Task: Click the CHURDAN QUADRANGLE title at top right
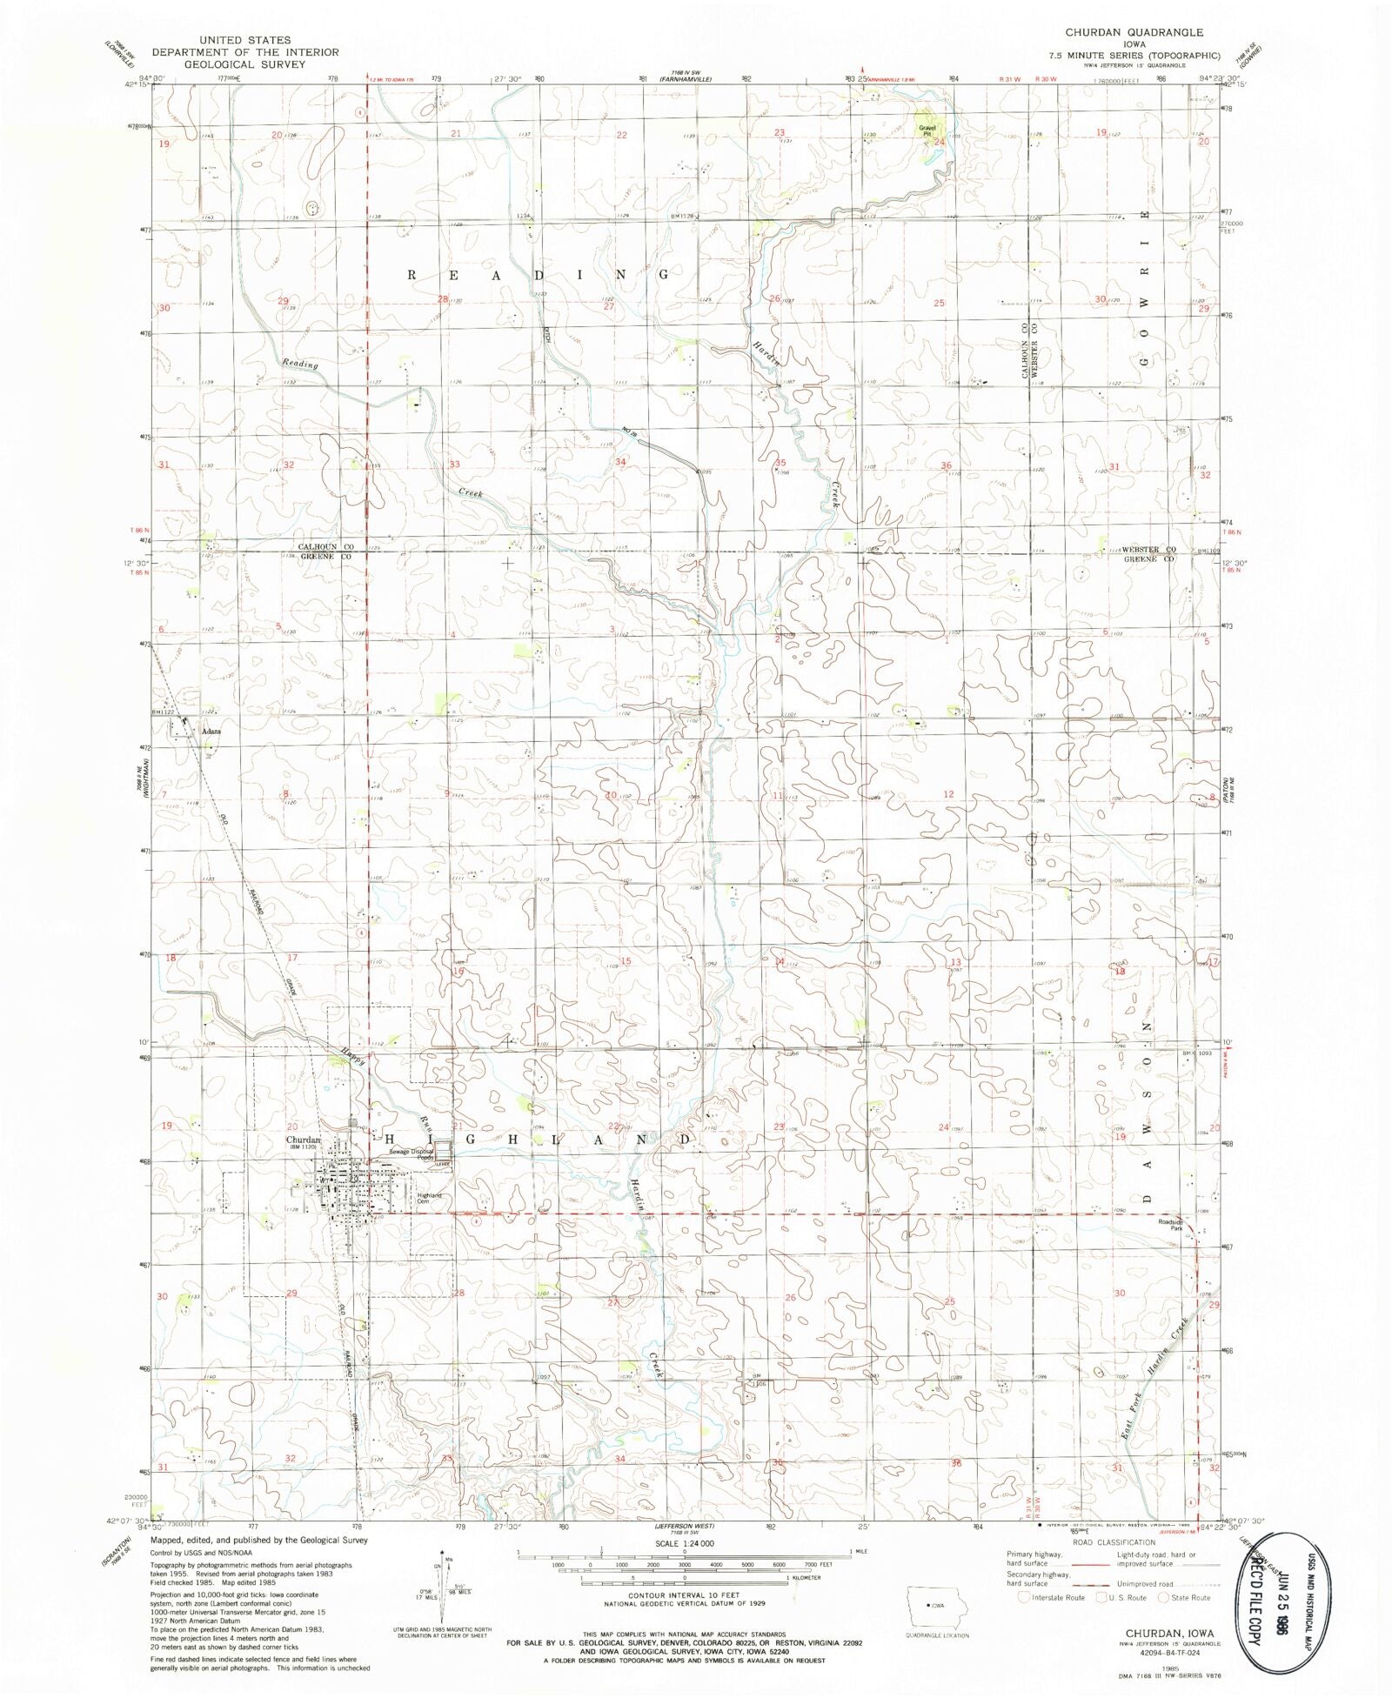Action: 1134,32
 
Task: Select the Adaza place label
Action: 211,732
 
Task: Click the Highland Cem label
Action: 429,1198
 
